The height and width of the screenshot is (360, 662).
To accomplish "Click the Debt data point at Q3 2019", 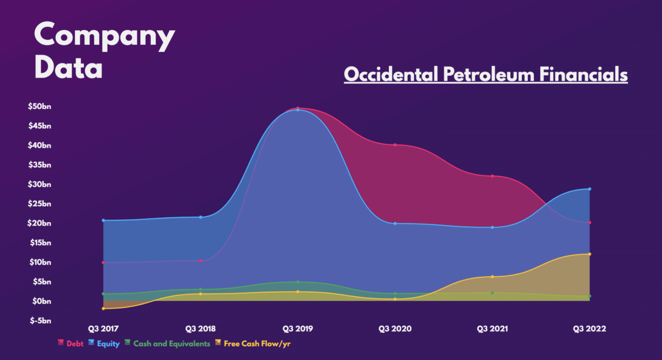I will tap(297, 108).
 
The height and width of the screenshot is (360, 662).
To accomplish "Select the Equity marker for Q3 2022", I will tap(590, 189).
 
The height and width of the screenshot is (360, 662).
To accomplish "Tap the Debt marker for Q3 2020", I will tap(395, 145).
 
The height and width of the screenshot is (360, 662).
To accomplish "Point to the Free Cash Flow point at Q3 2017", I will tap(103, 309).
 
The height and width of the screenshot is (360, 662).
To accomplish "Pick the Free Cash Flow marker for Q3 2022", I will tap(590, 254).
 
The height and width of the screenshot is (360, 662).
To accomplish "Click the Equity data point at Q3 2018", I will tap(200, 217).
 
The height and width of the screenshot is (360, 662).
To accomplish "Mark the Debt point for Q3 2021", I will tap(492, 176).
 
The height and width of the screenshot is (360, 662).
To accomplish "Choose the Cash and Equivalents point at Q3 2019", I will tap(297, 282).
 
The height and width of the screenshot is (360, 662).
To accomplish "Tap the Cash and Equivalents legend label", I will tap(171, 343).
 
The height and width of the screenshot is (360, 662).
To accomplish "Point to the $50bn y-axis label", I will tap(39, 107).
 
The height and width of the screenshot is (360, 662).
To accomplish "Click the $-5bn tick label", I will tap(39, 320).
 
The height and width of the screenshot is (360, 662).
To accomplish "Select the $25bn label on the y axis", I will tap(39, 204).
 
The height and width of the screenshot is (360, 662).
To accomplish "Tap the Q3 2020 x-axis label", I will tap(395, 329).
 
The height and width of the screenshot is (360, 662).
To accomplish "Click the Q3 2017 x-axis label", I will tap(103, 329).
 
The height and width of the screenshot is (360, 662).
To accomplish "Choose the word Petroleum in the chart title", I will tap(481, 74).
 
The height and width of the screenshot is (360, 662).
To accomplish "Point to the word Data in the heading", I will tap(68, 68).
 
